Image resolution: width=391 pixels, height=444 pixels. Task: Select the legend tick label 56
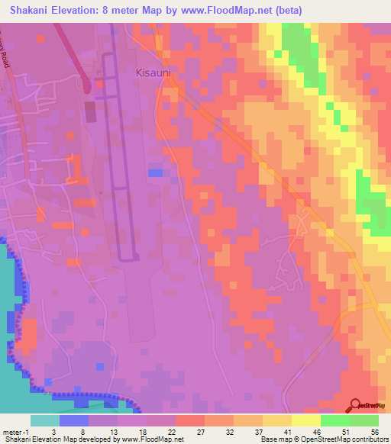click(373, 433)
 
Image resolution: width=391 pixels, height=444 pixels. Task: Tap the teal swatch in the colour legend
click(45, 420)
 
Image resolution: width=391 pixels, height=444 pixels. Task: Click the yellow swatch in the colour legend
click(306, 420)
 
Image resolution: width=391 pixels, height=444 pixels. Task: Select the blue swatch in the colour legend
click(74, 420)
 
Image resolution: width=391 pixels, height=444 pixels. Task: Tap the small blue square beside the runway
click(155, 172)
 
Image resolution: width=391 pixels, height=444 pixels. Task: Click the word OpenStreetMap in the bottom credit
click(331, 439)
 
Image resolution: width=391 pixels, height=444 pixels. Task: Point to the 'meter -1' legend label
click(15, 433)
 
